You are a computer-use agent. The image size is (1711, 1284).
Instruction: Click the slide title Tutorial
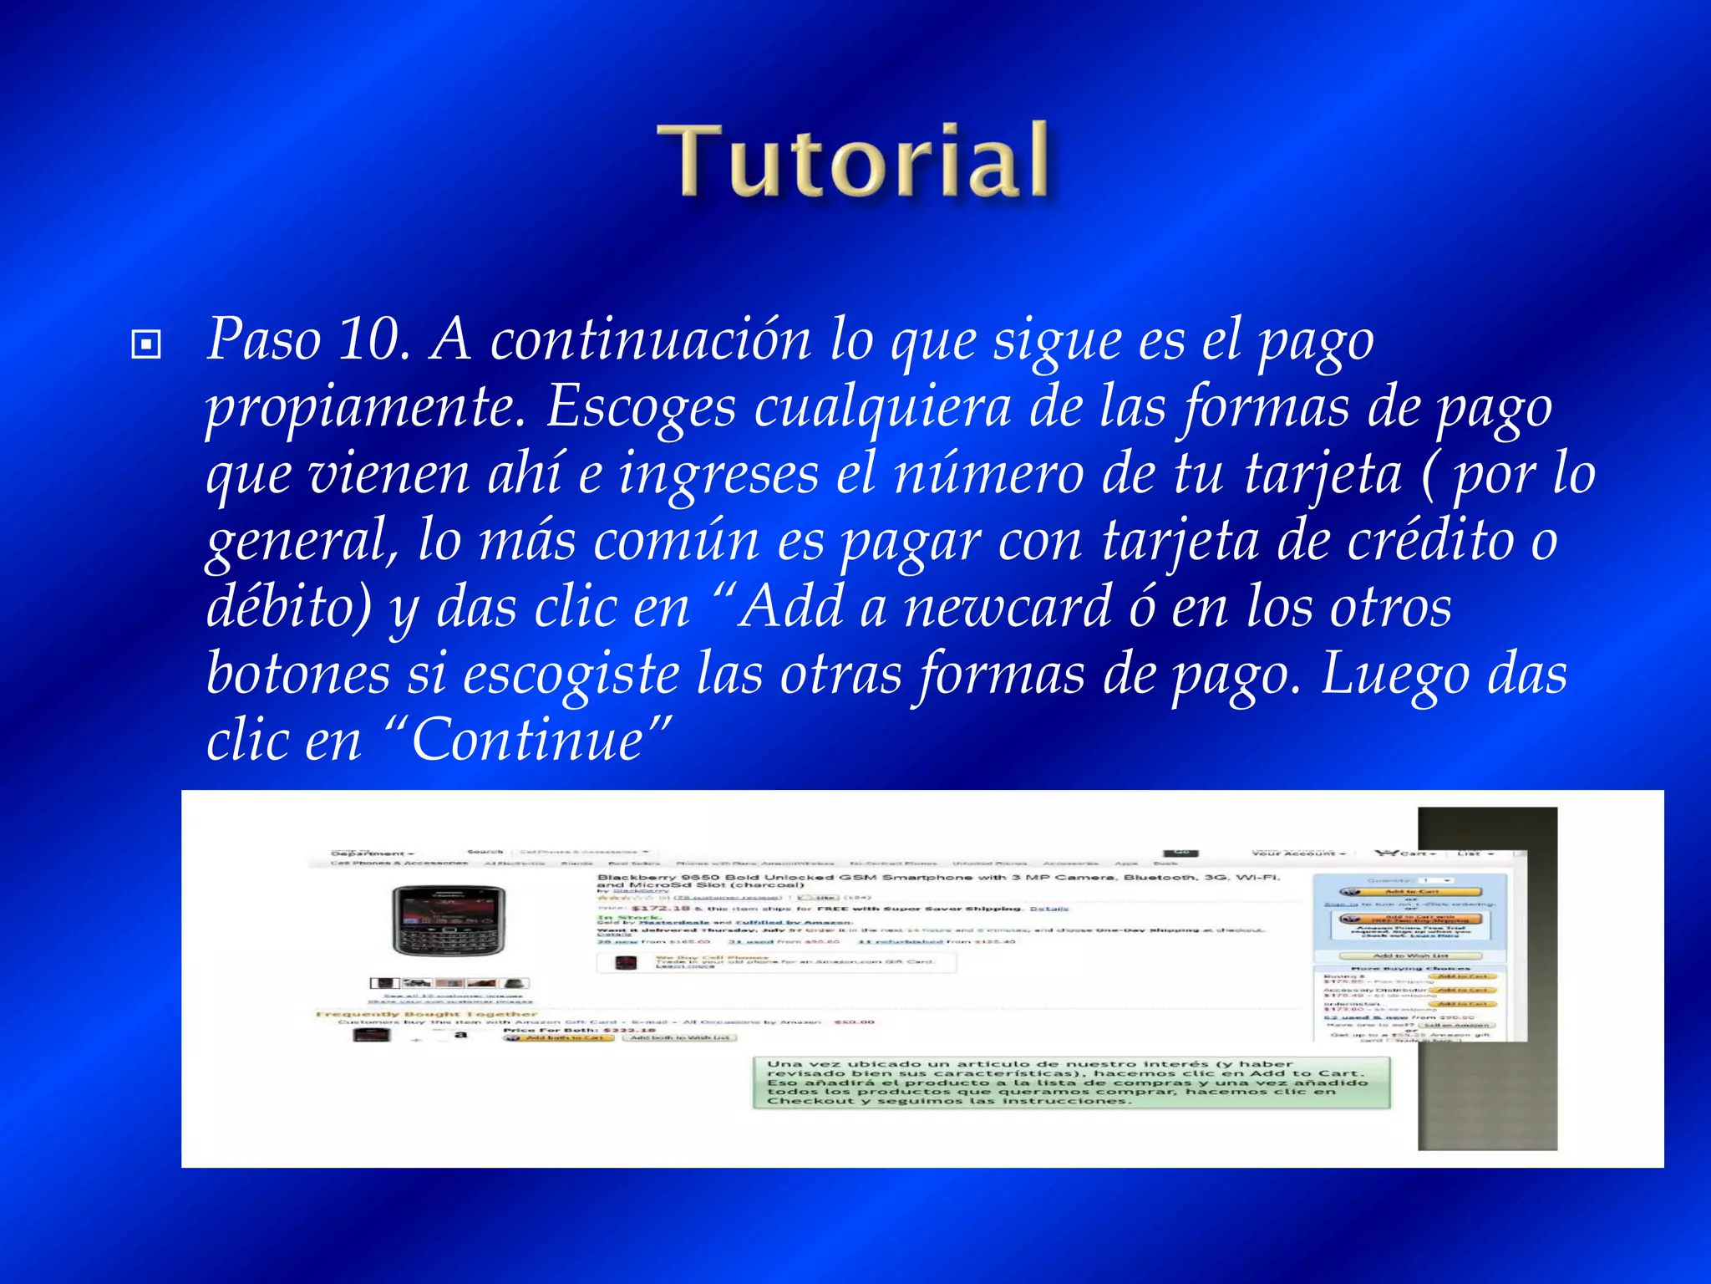click(853, 160)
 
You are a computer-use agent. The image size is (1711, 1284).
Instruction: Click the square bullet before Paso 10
click(146, 344)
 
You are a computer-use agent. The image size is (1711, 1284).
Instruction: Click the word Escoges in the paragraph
click(641, 407)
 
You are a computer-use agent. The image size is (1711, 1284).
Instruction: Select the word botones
click(297, 674)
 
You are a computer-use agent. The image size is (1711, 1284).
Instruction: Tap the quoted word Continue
click(528, 741)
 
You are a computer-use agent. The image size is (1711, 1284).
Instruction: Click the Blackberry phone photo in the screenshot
click(449, 920)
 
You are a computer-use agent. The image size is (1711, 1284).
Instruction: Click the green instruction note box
click(1071, 1083)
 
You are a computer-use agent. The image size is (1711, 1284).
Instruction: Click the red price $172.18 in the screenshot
click(660, 908)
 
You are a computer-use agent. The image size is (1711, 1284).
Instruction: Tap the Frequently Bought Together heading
click(426, 1014)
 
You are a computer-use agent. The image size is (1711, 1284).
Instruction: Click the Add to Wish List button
click(1410, 955)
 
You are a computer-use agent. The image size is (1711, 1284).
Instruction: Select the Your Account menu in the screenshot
click(1298, 853)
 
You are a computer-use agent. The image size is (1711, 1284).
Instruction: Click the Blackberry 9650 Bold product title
click(936, 880)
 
